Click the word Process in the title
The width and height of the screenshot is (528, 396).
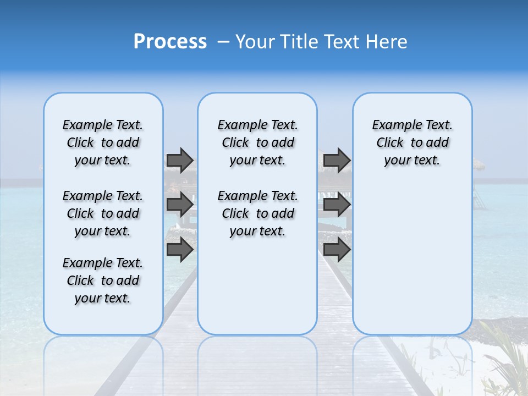pos(170,42)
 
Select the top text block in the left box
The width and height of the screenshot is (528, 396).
pos(103,142)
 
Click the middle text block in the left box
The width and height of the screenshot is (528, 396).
pos(103,213)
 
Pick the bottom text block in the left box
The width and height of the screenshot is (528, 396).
pos(103,280)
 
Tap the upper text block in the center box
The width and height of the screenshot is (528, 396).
pos(257,142)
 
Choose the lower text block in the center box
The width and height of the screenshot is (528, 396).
pos(257,213)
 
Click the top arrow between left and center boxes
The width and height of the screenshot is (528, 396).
pos(179,160)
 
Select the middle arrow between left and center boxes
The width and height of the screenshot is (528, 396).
pos(179,205)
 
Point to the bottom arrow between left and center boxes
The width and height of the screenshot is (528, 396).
pos(179,250)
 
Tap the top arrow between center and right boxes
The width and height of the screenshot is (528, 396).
pos(337,160)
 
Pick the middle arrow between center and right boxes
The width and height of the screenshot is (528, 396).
pos(337,205)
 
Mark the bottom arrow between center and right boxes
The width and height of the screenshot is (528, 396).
pos(337,250)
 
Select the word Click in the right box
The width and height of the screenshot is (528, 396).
pos(390,143)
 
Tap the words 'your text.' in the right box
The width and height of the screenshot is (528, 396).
pos(412,161)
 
